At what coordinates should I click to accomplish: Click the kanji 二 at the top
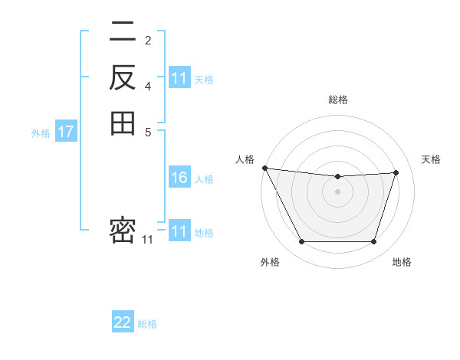(x=123, y=32)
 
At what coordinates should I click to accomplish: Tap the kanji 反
(x=123, y=77)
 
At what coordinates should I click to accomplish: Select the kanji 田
(x=123, y=123)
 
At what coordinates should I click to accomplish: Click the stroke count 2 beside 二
(x=148, y=41)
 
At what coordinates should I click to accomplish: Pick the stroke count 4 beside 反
(x=148, y=86)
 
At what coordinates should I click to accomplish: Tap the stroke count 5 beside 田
(x=148, y=131)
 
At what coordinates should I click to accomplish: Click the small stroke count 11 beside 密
(x=148, y=240)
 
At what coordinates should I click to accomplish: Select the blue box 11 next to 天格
(x=179, y=78)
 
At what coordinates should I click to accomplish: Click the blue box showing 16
(x=179, y=178)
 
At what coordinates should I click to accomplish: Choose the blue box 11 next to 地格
(x=179, y=231)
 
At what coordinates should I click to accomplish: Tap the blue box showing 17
(x=66, y=132)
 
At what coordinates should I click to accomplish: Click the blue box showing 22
(x=123, y=322)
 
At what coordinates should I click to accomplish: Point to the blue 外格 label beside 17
(x=41, y=133)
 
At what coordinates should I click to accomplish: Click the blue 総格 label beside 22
(x=147, y=324)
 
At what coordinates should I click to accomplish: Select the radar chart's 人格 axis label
(x=245, y=159)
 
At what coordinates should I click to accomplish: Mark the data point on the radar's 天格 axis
(x=396, y=172)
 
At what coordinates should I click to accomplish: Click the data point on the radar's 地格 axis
(x=374, y=242)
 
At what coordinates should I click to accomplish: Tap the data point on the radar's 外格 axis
(x=301, y=242)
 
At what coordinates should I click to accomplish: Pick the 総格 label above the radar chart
(x=337, y=100)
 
